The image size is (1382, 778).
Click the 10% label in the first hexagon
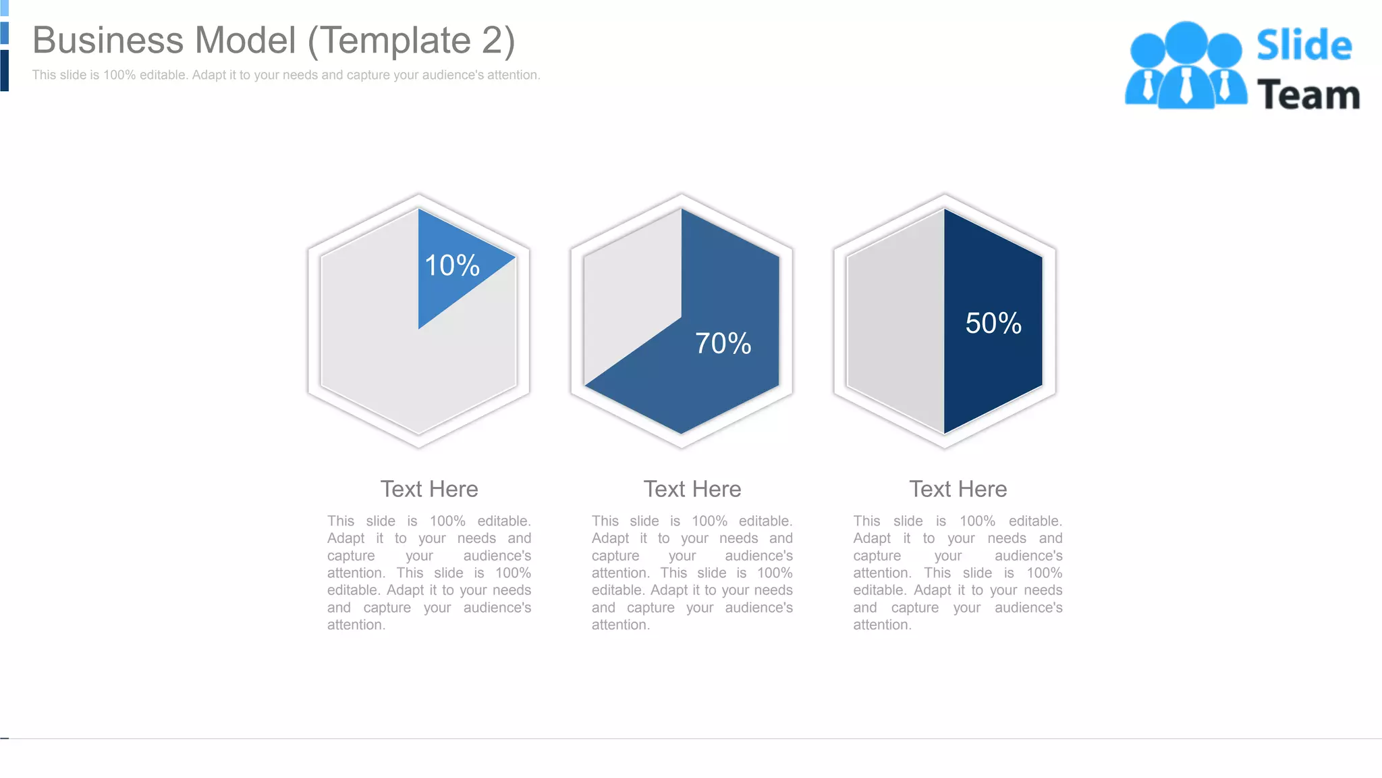tap(451, 265)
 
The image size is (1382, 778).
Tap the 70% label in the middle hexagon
tap(723, 344)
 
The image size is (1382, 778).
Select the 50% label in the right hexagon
tap(993, 323)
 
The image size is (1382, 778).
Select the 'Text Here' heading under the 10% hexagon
tap(429, 489)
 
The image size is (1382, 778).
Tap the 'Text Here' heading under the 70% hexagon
tap(692, 489)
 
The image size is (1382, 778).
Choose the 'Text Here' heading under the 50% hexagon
tap(958, 489)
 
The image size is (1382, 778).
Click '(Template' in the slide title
tap(389, 41)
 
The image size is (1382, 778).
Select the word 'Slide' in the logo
tap(1304, 45)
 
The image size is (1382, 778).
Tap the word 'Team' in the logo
tap(1308, 95)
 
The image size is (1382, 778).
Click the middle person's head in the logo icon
tap(1186, 41)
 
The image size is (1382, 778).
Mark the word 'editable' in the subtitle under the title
tap(162, 75)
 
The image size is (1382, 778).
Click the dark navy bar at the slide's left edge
tap(4, 70)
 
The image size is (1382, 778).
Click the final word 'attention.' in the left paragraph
tap(356, 625)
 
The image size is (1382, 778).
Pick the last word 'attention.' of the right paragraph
tap(882, 625)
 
